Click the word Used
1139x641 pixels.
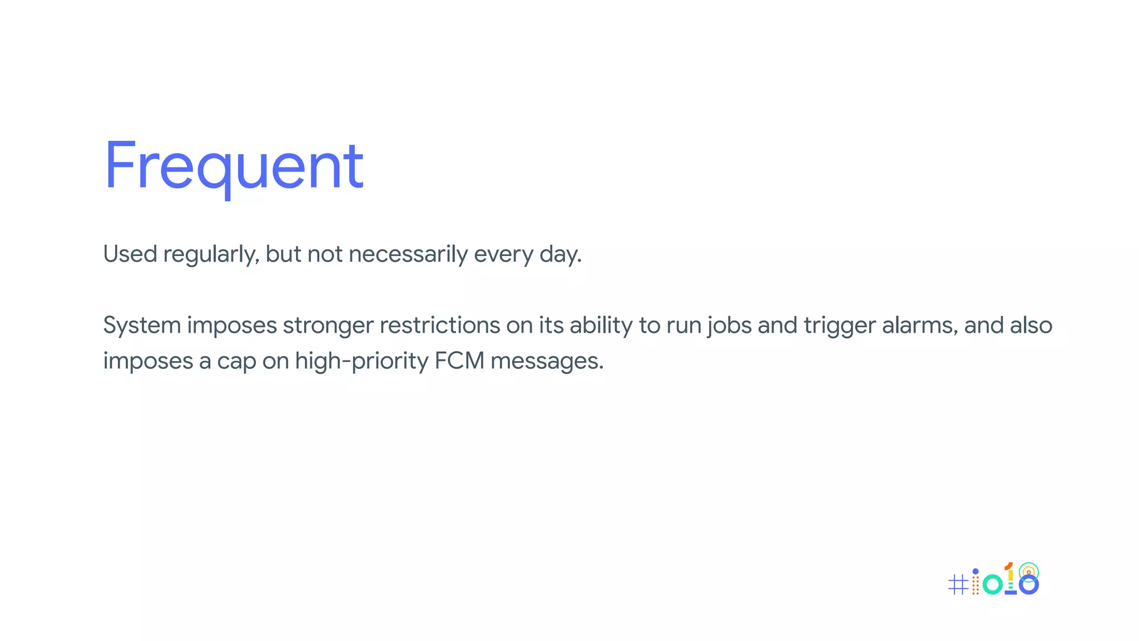130,254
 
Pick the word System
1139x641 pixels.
142,326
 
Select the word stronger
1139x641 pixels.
328,326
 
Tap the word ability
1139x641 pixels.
601,326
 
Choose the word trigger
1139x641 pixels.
839,326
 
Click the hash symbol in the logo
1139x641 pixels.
958,584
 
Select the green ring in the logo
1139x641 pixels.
993,584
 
